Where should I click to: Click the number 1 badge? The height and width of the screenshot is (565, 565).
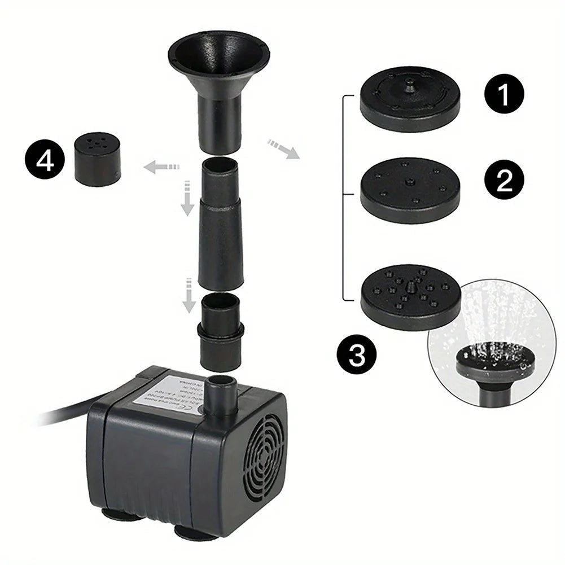[504, 95]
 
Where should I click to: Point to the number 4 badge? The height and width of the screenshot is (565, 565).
[44, 161]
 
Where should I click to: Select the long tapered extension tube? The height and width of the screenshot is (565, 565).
[221, 220]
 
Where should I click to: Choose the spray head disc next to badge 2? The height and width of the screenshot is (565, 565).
[410, 189]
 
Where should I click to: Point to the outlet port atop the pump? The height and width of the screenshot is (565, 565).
[221, 395]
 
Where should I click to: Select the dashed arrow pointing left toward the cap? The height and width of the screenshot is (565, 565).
[161, 167]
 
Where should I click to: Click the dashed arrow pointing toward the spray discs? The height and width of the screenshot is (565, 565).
[283, 149]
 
